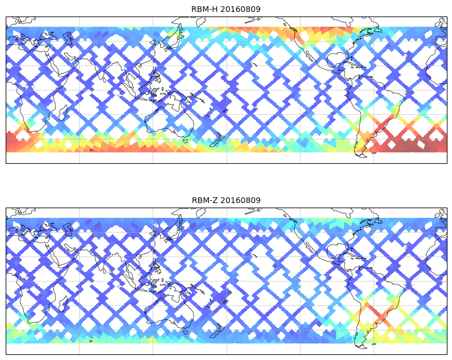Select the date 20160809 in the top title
point(240,9)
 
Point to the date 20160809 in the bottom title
point(240,200)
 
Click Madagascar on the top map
point(63,112)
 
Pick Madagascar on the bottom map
point(63,303)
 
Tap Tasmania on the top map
point(186,140)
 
